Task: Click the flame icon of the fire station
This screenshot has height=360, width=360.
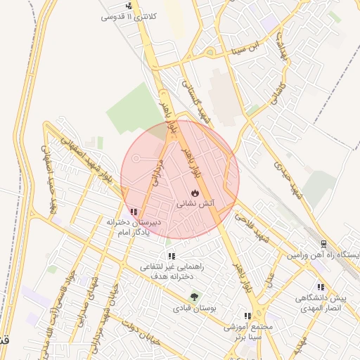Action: point(194,193)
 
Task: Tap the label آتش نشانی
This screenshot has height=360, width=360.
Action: point(194,203)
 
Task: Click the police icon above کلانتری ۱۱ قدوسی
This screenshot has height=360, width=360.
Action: point(128,6)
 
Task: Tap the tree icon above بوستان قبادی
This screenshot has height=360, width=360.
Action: point(194,297)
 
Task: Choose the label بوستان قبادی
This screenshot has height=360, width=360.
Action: point(194,308)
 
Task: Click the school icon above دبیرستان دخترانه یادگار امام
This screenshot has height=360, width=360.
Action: point(134,212)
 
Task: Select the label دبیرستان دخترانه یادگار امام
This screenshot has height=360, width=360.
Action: point(134,227)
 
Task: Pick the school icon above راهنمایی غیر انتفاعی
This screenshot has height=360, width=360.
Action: point(171,257)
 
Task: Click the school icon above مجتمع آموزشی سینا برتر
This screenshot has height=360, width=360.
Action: point(247,316)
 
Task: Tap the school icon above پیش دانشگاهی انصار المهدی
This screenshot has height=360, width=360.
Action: point(321,286)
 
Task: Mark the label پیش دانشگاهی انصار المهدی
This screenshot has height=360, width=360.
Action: point(321,302)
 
